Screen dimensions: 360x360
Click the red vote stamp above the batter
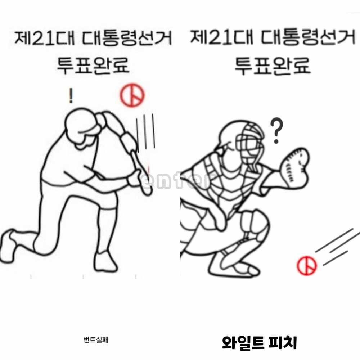pos(132,95)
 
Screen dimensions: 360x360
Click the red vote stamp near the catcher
pos(307,265)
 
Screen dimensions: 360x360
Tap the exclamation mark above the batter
pos(71,95)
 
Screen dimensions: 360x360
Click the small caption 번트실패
pos(96,339)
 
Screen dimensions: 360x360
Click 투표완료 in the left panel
pos(93,66)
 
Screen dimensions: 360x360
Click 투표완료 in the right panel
pos(272,66)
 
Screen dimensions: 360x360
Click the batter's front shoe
pos(105,262)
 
